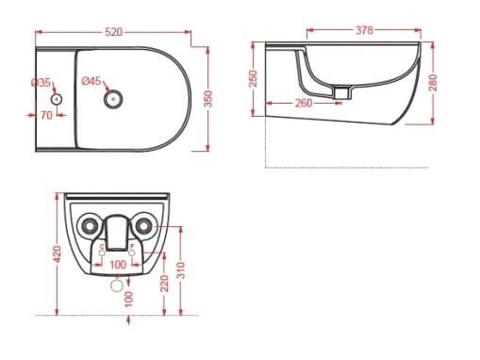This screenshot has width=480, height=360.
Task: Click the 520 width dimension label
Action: [x=113, y=32]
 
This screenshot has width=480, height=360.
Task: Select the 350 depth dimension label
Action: [x=208, y=99]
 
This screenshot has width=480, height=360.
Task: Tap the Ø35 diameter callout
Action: [x=41, y=83]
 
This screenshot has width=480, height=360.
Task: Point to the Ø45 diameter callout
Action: [x=91, y=81]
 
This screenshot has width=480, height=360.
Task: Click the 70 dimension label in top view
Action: [x=46, y=115]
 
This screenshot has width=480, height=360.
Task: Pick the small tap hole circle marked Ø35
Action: [x=57, y=99]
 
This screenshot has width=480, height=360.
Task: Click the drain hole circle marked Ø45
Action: [x=113, y=99]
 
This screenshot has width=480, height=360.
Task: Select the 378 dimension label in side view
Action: [x=364, y=30]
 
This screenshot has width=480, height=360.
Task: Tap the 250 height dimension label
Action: [x=254, y=78]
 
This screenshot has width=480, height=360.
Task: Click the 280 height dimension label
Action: [x=433, y=83]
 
